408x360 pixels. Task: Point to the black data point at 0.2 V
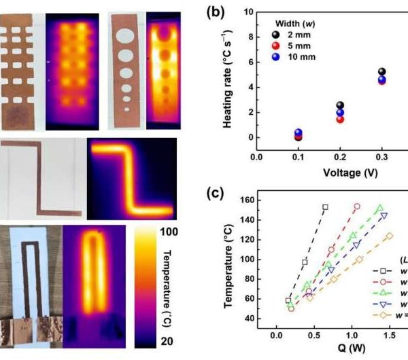click(x=340, y=105)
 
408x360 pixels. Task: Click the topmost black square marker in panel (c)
click(x=325, y=207)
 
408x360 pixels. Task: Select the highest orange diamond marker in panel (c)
click(x=390, y=236)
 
